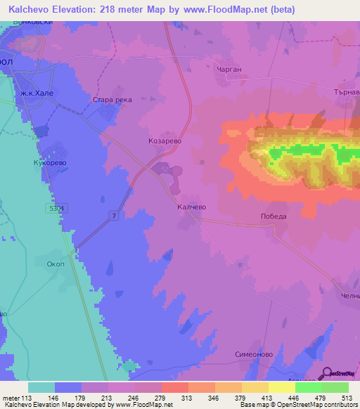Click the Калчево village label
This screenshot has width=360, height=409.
coord(191,207)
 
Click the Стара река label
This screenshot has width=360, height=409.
coord(112,100)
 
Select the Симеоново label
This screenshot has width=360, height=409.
coord(253,356)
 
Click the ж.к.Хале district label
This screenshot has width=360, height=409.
coord(36,93)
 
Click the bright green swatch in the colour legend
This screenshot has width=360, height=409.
coord(309,387)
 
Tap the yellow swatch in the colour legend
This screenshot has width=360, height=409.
coord(282,387)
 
